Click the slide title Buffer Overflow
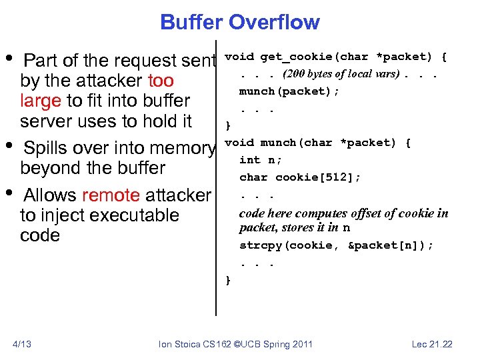pos(239,22)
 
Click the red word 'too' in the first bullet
pos(161,81)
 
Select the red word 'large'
pos(39,101)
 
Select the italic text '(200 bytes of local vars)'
pos(340,73)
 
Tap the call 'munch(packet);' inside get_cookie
pos(289,91)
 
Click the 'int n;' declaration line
pos(261,160)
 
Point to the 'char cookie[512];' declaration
pos(300,177)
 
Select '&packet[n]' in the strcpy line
pos(390,245)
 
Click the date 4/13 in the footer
pos(22,344)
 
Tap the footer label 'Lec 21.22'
pos(432,344)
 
